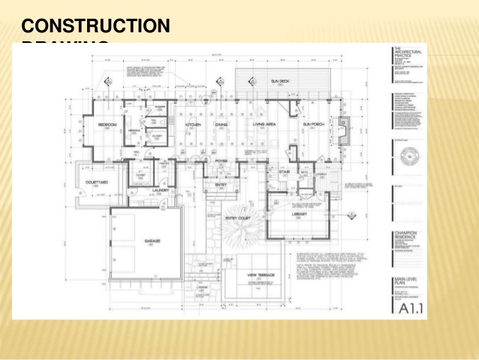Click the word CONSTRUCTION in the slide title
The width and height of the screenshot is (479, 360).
[96, 26]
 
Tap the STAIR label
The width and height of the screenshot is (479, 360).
[285, 172]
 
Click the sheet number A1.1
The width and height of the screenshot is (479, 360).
[406, 307]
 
